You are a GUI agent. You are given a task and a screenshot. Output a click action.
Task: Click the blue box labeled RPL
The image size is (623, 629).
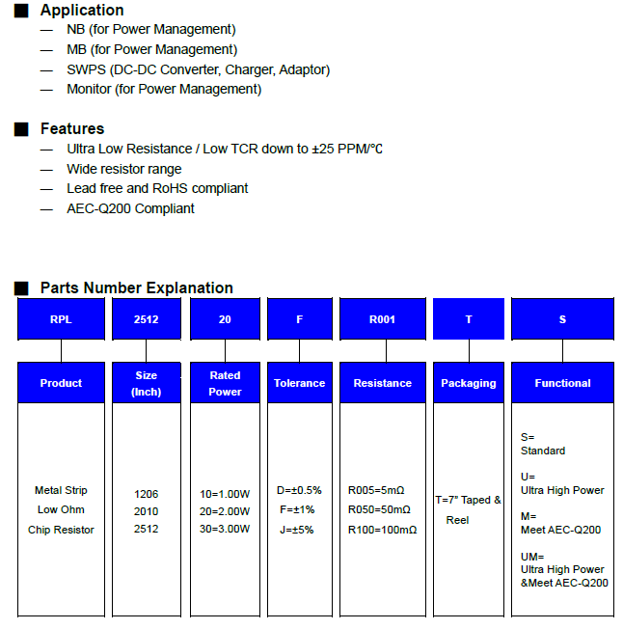(x=61, y=319)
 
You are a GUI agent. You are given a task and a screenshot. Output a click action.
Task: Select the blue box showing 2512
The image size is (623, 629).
(x=147, y=319)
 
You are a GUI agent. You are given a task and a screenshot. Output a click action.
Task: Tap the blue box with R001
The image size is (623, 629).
(x=382, y=319)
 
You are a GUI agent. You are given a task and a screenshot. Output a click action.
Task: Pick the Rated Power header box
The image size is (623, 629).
(x=225, y=383)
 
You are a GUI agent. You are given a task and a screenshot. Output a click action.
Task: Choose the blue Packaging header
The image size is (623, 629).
(x=468, y=383)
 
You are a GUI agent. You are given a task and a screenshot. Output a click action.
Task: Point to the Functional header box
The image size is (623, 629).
(x=562, y=383)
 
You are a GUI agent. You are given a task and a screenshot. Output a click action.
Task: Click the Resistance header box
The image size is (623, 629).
(x=382, y=383)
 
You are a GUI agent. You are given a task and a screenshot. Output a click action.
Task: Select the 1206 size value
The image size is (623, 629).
(x=147, y=493)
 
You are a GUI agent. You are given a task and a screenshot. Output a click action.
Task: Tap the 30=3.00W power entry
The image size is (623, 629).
(x=225, y=529)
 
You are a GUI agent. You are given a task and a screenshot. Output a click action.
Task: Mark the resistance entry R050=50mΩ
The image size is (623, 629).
(x=379, y=509)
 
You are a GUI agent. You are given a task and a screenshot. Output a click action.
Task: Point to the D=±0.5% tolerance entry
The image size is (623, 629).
(x=299, y=490)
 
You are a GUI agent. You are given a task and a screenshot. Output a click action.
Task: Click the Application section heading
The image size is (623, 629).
(x=82, y=11)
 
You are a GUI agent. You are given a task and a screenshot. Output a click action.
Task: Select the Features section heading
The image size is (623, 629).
(x=71, y=128)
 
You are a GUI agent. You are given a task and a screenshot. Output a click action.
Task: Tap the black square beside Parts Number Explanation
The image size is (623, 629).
(x=21, y=287)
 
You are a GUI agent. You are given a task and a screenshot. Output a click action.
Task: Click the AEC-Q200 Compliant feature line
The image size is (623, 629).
(x=130, y=208)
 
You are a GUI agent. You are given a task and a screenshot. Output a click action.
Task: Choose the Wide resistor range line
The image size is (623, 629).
(x=123, y=169)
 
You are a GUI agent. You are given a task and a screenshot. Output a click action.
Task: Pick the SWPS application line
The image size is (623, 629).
(x=198, y=69)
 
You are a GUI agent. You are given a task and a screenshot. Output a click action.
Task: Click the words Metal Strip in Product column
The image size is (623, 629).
(x=61, y=490)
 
